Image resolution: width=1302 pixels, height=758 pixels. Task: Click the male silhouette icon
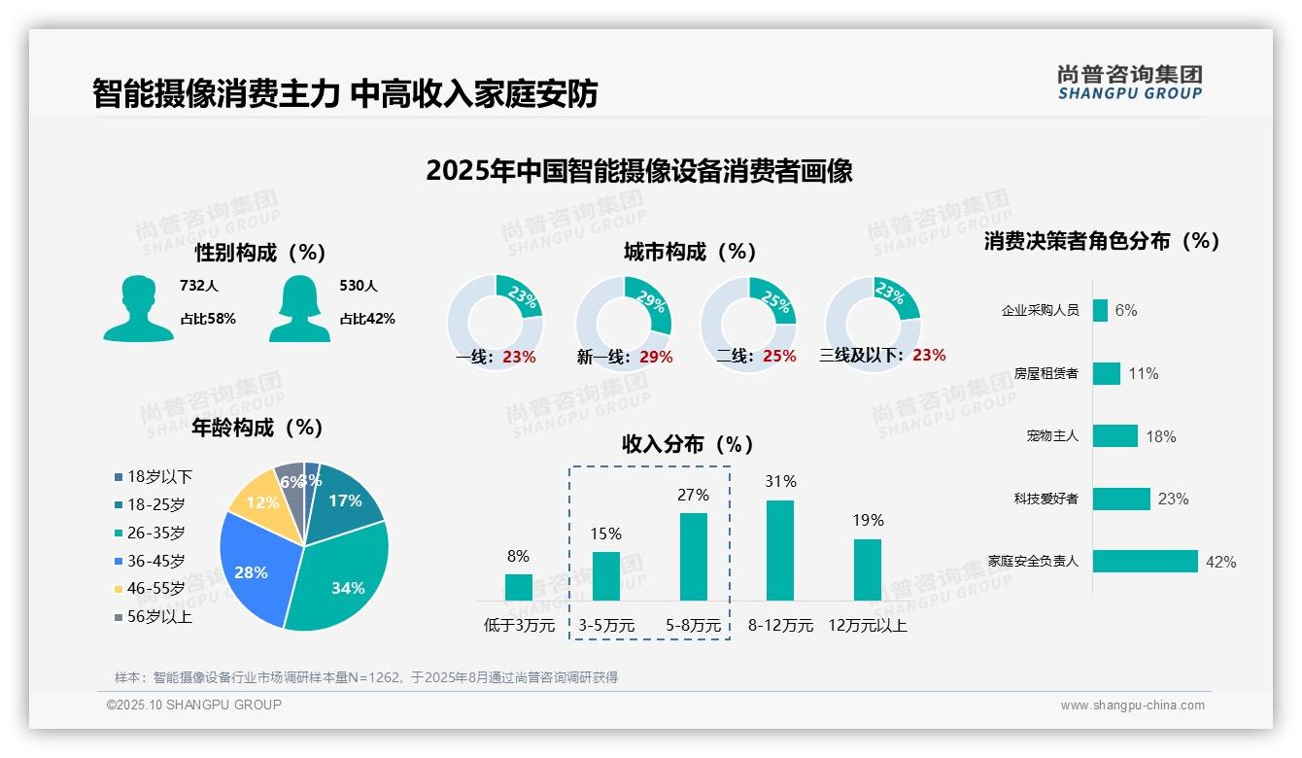138,309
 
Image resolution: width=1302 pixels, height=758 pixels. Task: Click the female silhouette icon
299,309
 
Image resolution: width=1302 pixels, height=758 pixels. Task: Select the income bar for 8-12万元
780,550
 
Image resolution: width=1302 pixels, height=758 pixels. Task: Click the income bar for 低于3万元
519,587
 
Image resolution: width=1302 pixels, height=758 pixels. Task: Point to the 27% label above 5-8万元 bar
693,496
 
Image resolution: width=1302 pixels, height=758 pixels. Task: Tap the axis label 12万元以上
867,626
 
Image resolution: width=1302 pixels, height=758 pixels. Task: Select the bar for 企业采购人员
1100,310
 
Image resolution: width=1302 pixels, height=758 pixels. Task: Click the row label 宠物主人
1052,436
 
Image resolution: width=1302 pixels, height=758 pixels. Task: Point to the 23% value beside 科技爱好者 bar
1173,500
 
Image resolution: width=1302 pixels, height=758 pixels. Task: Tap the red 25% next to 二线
779,357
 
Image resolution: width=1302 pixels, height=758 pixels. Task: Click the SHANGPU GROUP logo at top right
1129,83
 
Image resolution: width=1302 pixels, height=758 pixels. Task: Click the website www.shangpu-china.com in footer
1132,706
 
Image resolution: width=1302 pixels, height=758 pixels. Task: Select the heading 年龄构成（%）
257,428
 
